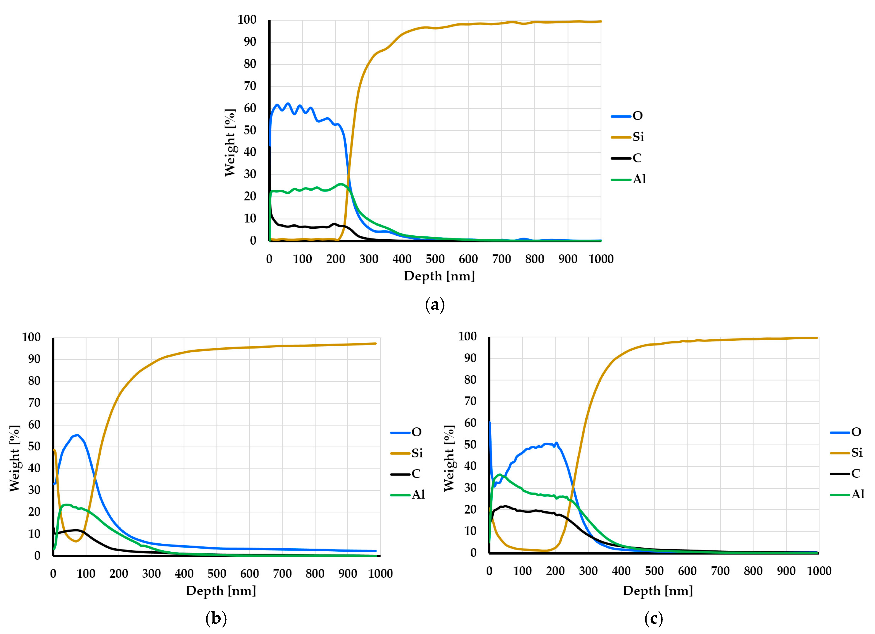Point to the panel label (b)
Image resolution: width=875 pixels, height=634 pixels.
coord(216,618)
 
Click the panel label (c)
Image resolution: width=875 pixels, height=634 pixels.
coord(654,618)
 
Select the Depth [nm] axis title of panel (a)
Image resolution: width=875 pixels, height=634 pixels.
coord(439,276)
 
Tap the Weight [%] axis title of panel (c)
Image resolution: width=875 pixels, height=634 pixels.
coord(449,458)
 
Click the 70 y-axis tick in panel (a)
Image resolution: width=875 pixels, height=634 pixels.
coord(250,86)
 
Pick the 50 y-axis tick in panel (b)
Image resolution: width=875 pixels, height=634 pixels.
coord(34,446)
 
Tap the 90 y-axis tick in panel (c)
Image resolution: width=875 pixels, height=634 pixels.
coord(470,358)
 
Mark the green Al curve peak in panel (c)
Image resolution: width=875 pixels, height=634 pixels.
coord(500,475)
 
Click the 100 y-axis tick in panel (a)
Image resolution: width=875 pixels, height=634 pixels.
coord(247,20)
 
